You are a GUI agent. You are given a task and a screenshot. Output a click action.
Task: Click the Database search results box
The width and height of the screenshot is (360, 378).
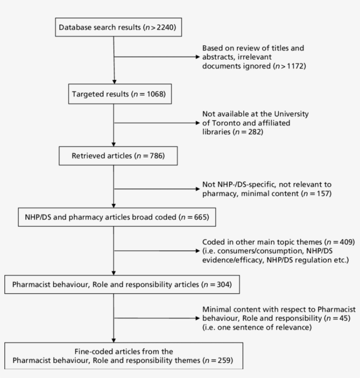tap(117, 27)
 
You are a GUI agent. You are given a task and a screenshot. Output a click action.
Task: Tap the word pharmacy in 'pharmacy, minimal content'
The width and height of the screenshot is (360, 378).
tap(218, 193)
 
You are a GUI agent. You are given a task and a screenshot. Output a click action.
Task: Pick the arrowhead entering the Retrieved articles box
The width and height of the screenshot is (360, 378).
tap(114, 144)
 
